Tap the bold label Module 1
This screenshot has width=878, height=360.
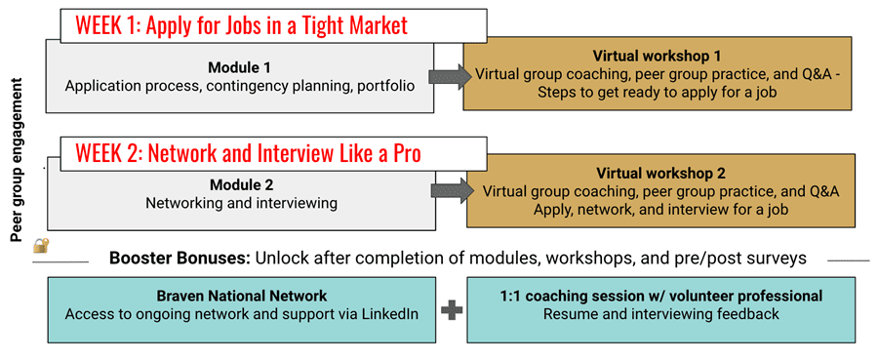pyautogui.click(x=239, y=67)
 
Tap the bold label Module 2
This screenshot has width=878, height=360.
pyautogui.click(x=239, y=184)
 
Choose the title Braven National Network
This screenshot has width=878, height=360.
pyautogui.click(x=240, y=296)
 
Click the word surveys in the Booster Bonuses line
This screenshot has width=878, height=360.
pyautogui.click(x=778, y=260)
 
